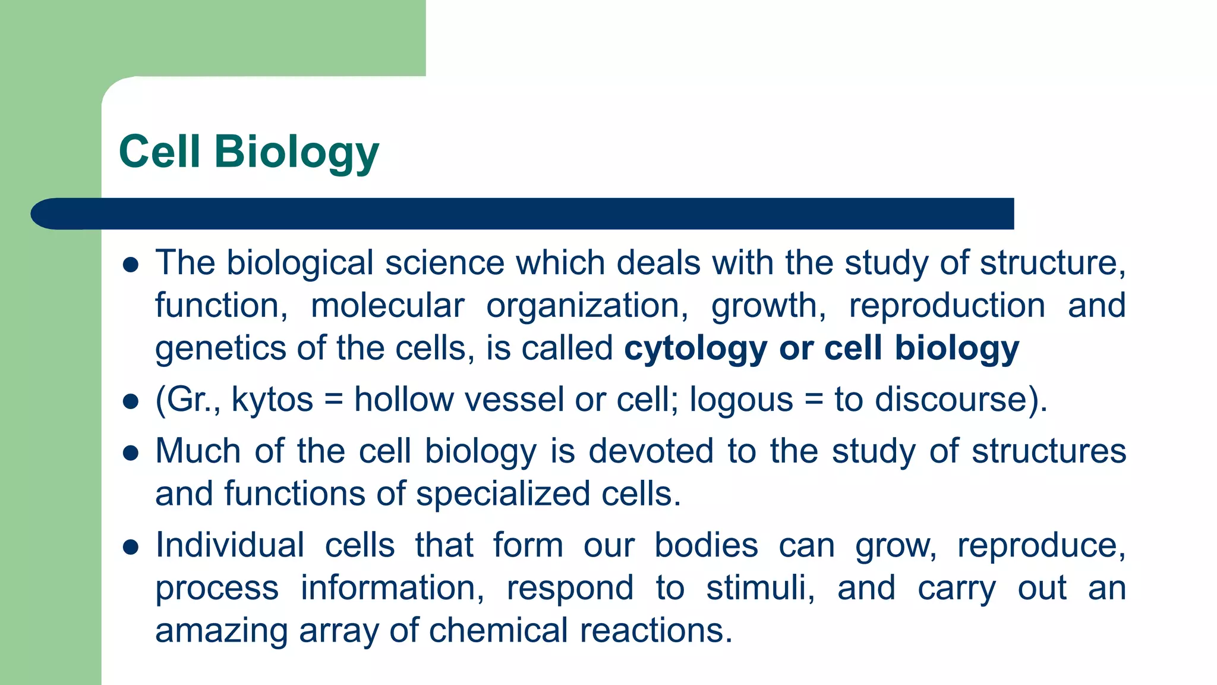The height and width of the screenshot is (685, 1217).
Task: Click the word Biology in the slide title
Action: [296, 152]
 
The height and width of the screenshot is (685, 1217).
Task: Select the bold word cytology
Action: [695, 348]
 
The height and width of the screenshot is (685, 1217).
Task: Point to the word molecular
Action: [387, 306]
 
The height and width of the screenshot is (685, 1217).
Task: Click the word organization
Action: [587, 306]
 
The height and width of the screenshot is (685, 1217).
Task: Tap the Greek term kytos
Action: [272, 400]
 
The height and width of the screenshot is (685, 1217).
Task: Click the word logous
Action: [741, 400]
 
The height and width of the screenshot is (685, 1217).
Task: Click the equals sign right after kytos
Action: [334, 400]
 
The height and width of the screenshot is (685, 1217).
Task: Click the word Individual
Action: [230, 545]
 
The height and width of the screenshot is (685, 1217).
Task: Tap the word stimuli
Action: [760, 588]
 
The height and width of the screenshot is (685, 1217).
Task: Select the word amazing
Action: [221, 631]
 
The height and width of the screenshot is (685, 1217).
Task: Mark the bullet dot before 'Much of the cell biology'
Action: [131, 453]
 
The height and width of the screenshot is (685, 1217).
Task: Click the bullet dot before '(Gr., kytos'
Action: [131, 401]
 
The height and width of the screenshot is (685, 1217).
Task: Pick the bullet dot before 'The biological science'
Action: [131, 265]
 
